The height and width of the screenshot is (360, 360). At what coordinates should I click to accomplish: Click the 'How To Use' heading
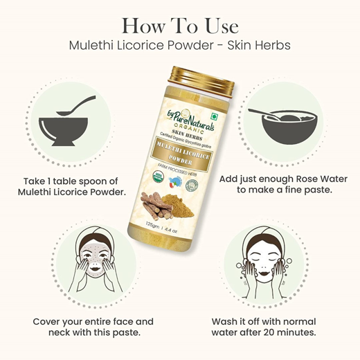pos(179,26)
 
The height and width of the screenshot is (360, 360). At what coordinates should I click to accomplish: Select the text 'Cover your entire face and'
pos(93,321)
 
